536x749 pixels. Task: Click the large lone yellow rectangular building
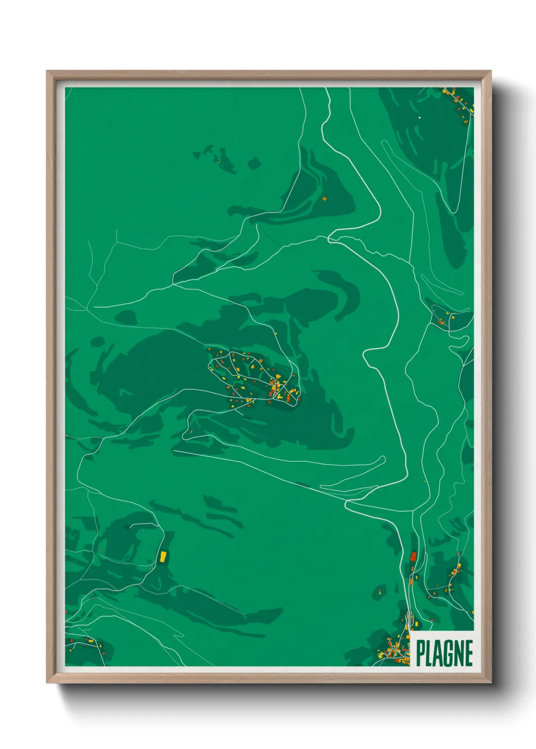(163, 557)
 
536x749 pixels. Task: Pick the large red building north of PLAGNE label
(413, 557)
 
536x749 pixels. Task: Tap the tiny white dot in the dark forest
(419, 118)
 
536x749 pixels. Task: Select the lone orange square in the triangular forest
(324, 199)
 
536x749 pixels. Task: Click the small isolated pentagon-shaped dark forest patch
(254, 163)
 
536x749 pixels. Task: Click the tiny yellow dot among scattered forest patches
(219, 161)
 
